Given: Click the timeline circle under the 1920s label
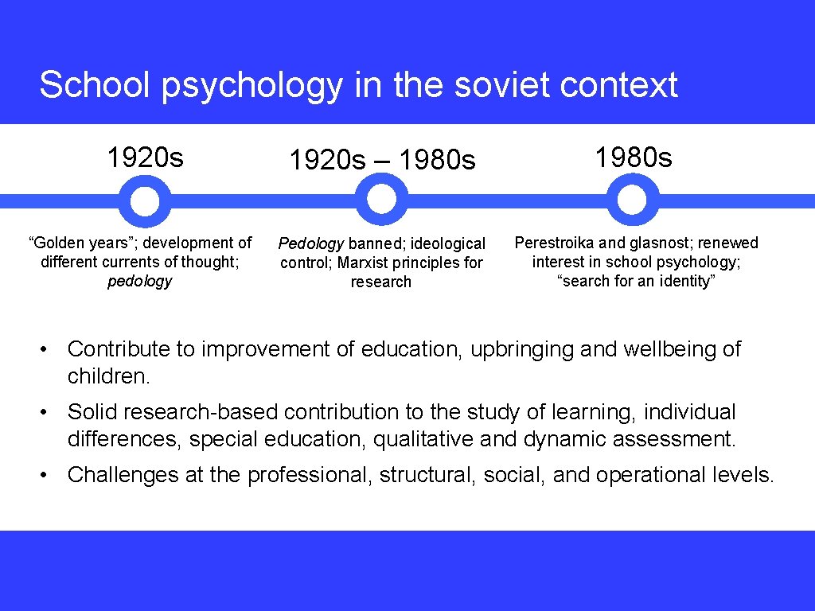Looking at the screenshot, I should coord(144,201).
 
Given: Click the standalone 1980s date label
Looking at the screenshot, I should coord(634,158).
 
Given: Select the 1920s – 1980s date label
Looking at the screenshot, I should coord(382,161).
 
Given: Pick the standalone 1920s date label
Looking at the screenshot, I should coord(145,158).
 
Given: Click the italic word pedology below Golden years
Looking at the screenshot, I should coord(140,281).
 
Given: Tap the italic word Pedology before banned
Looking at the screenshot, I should coord(310,243).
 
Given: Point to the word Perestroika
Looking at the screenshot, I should coord(555,243).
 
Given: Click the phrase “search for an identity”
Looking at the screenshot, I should coord(634,281).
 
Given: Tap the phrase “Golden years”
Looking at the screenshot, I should coord(68,243).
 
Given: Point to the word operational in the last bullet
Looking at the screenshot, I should coord(648,475).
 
